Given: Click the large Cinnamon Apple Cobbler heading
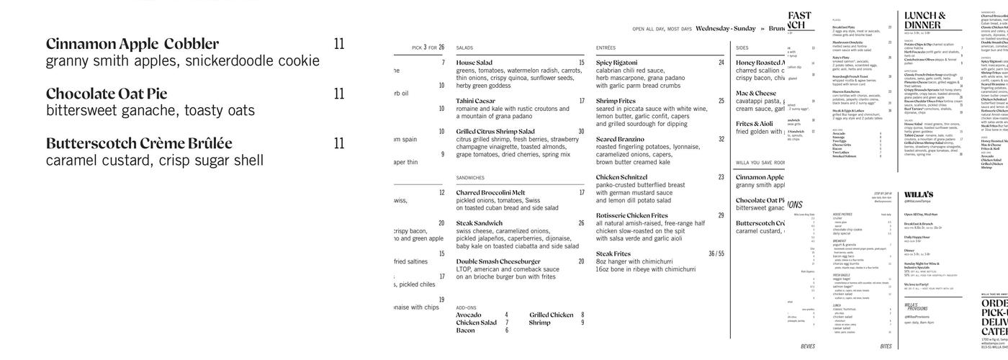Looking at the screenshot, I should click(132, 44).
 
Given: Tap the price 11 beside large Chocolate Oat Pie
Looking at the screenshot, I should click(339, 94).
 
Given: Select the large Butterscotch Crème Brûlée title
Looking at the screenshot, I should click(139, 143).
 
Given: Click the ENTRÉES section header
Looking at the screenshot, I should click(606, 48).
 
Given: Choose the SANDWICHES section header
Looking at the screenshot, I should click(470, 177).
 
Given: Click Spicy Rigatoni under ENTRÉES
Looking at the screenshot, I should click(616, 63).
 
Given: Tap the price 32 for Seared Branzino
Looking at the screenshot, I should click(721, 139).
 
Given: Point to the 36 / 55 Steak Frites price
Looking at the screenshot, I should click(716, 253).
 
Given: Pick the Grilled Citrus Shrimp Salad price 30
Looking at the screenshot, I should click(581, 132).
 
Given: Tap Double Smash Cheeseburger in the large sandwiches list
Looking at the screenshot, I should click(498, 261).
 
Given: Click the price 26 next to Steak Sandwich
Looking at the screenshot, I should click(581, 223).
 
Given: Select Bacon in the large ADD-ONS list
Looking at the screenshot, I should click(465, 310).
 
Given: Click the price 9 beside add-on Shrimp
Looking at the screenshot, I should click(582, 302).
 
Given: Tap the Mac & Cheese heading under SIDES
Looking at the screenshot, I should click(756, 93).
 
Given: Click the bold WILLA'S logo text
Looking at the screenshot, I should click(919, 194).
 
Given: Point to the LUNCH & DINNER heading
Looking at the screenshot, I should click(925, 20).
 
